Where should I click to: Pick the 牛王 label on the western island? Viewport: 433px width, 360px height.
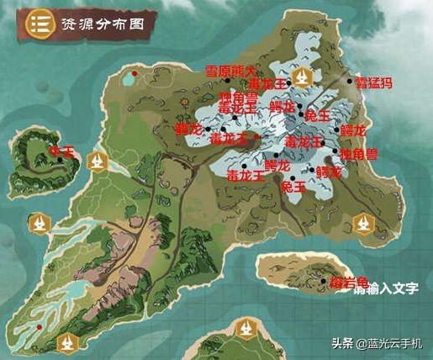tap(63, 152)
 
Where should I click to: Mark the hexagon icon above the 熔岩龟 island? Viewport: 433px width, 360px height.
tap(362, 224)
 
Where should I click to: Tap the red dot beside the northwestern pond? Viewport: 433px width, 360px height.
tap(134, 74)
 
